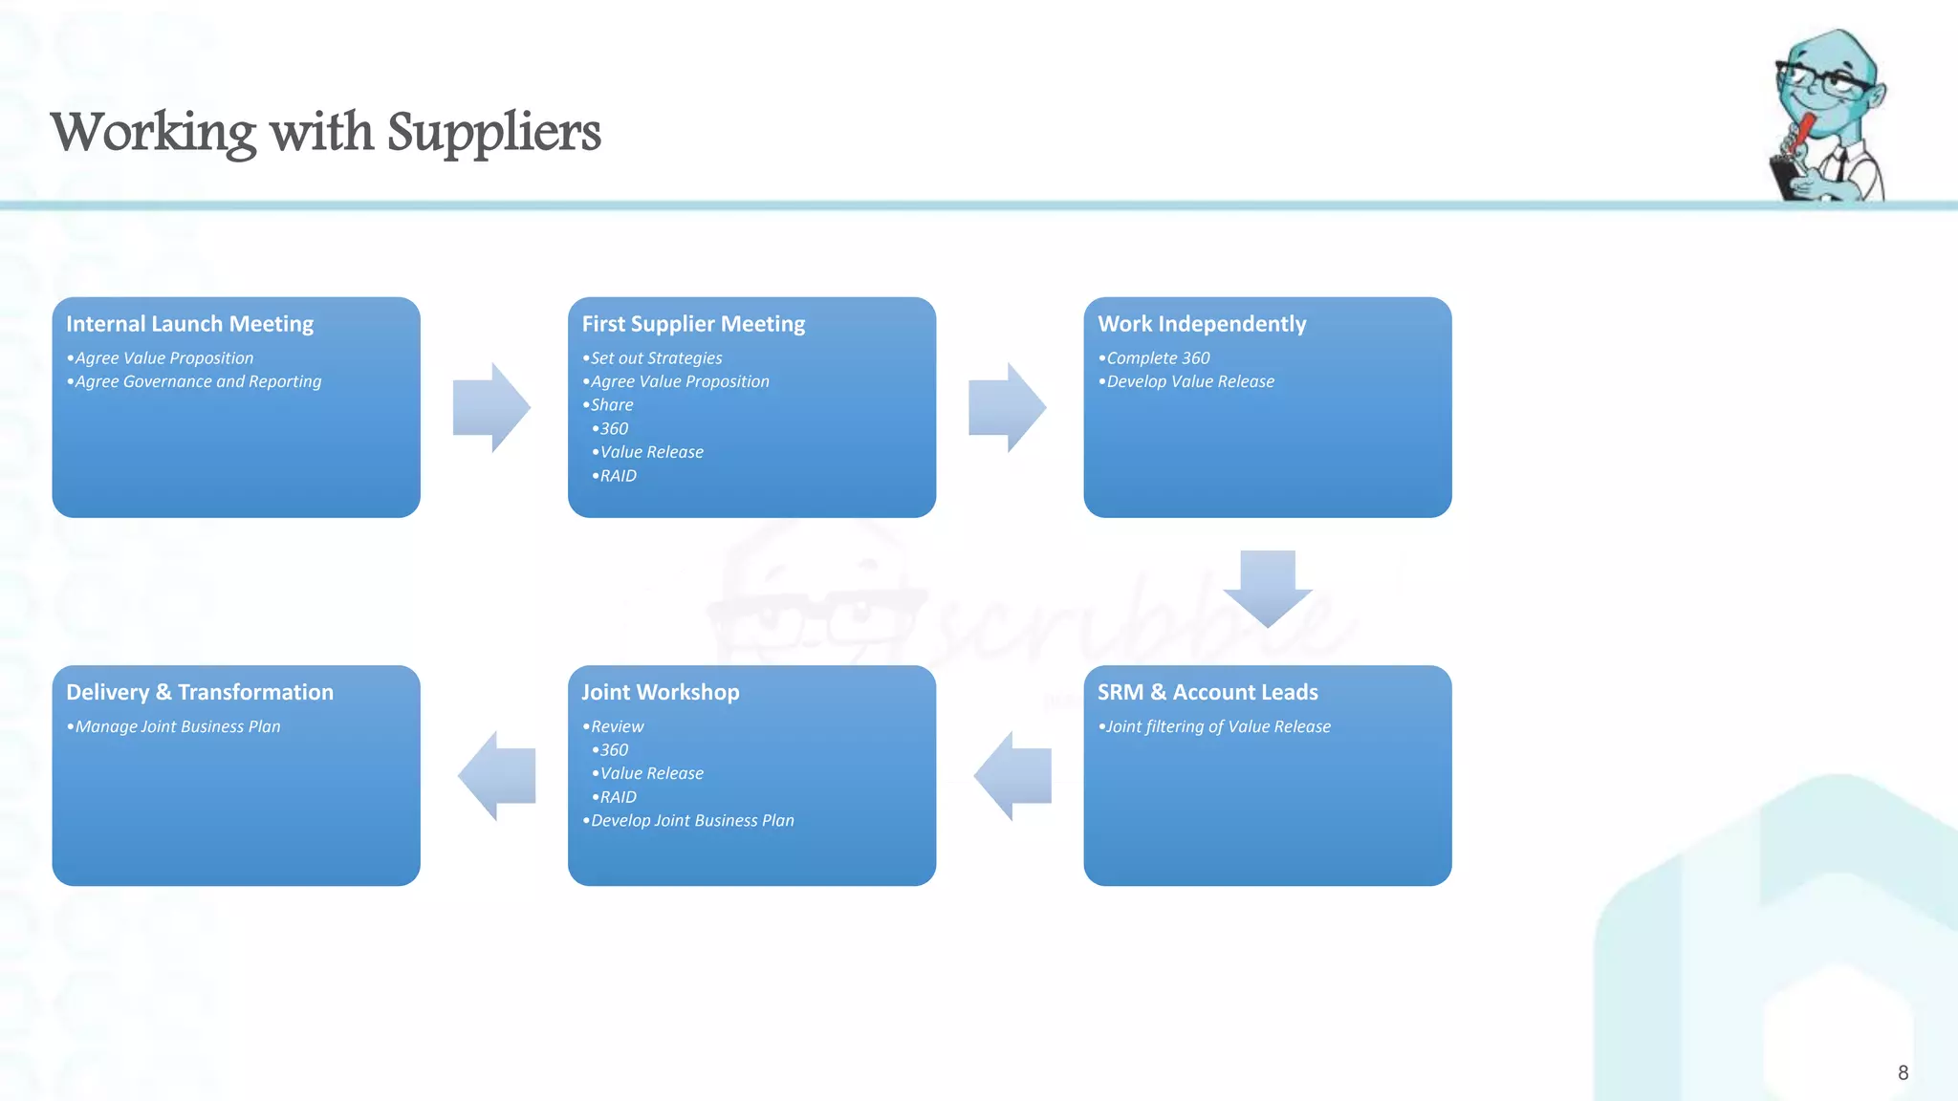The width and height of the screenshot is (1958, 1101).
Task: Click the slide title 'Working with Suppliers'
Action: click(x=325, y=132)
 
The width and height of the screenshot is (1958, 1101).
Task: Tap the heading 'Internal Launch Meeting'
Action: click(x=189, y=324)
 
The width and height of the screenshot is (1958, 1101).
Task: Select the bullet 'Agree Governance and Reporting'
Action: click(x=198, y=381)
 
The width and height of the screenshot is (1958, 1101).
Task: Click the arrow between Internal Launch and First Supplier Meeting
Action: click(x=491, y=407)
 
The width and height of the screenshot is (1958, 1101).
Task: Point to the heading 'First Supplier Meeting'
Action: click(x=693, y=324)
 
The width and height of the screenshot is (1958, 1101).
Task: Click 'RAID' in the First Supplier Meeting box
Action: click(x=618, y=476)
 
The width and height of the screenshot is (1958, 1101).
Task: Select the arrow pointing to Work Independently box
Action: click(x=1007, y=407)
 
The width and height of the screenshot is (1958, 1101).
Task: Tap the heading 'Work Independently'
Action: click(x=1202, y=324)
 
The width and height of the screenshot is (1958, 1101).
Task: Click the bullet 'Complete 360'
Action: click(x=1158, y=358)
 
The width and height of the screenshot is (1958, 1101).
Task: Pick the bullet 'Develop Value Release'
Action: click(x=1190, y=381)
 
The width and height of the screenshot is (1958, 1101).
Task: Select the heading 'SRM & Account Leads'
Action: click(x=1207, y=692)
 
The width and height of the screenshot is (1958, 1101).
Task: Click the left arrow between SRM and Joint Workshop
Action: click(x=1012, y=776)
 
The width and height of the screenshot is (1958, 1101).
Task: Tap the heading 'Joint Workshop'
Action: click(x=660, y=692)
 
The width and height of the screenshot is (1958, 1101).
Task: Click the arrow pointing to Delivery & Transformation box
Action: click(x=496, y=776)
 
